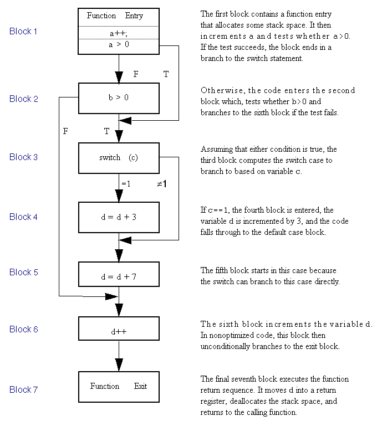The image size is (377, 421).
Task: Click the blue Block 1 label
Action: tap(23, 31)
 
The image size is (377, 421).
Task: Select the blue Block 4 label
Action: tap(23, 217)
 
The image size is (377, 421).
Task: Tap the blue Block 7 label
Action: tap(23, 389)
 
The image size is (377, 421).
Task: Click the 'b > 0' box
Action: tap(119, 98)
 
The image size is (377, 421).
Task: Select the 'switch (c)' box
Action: tap(119, 158)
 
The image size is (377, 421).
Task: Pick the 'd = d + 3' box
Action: tap(119, 217)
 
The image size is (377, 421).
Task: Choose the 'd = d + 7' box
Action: tap(119, 274)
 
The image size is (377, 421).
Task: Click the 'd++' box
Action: tap(119, 328)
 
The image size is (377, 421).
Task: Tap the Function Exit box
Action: tap(119, 387)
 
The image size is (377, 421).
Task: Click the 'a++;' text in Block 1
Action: tap(119, 34)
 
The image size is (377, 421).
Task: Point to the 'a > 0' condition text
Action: tap(119, 44)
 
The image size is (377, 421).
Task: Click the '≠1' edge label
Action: tap(162, 184)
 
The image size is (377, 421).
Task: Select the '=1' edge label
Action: tap(126, 184)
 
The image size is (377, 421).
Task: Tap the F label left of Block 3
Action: tap(65, 131)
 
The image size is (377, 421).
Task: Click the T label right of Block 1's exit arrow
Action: tap(166, 74)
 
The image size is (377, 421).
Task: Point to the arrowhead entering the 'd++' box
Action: tap(119, 310)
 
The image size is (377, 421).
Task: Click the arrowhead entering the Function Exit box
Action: tap(119, 365)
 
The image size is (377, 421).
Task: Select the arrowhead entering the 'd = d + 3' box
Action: tap(119, 196)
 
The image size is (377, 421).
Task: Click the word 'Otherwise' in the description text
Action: tap(223, 90)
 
